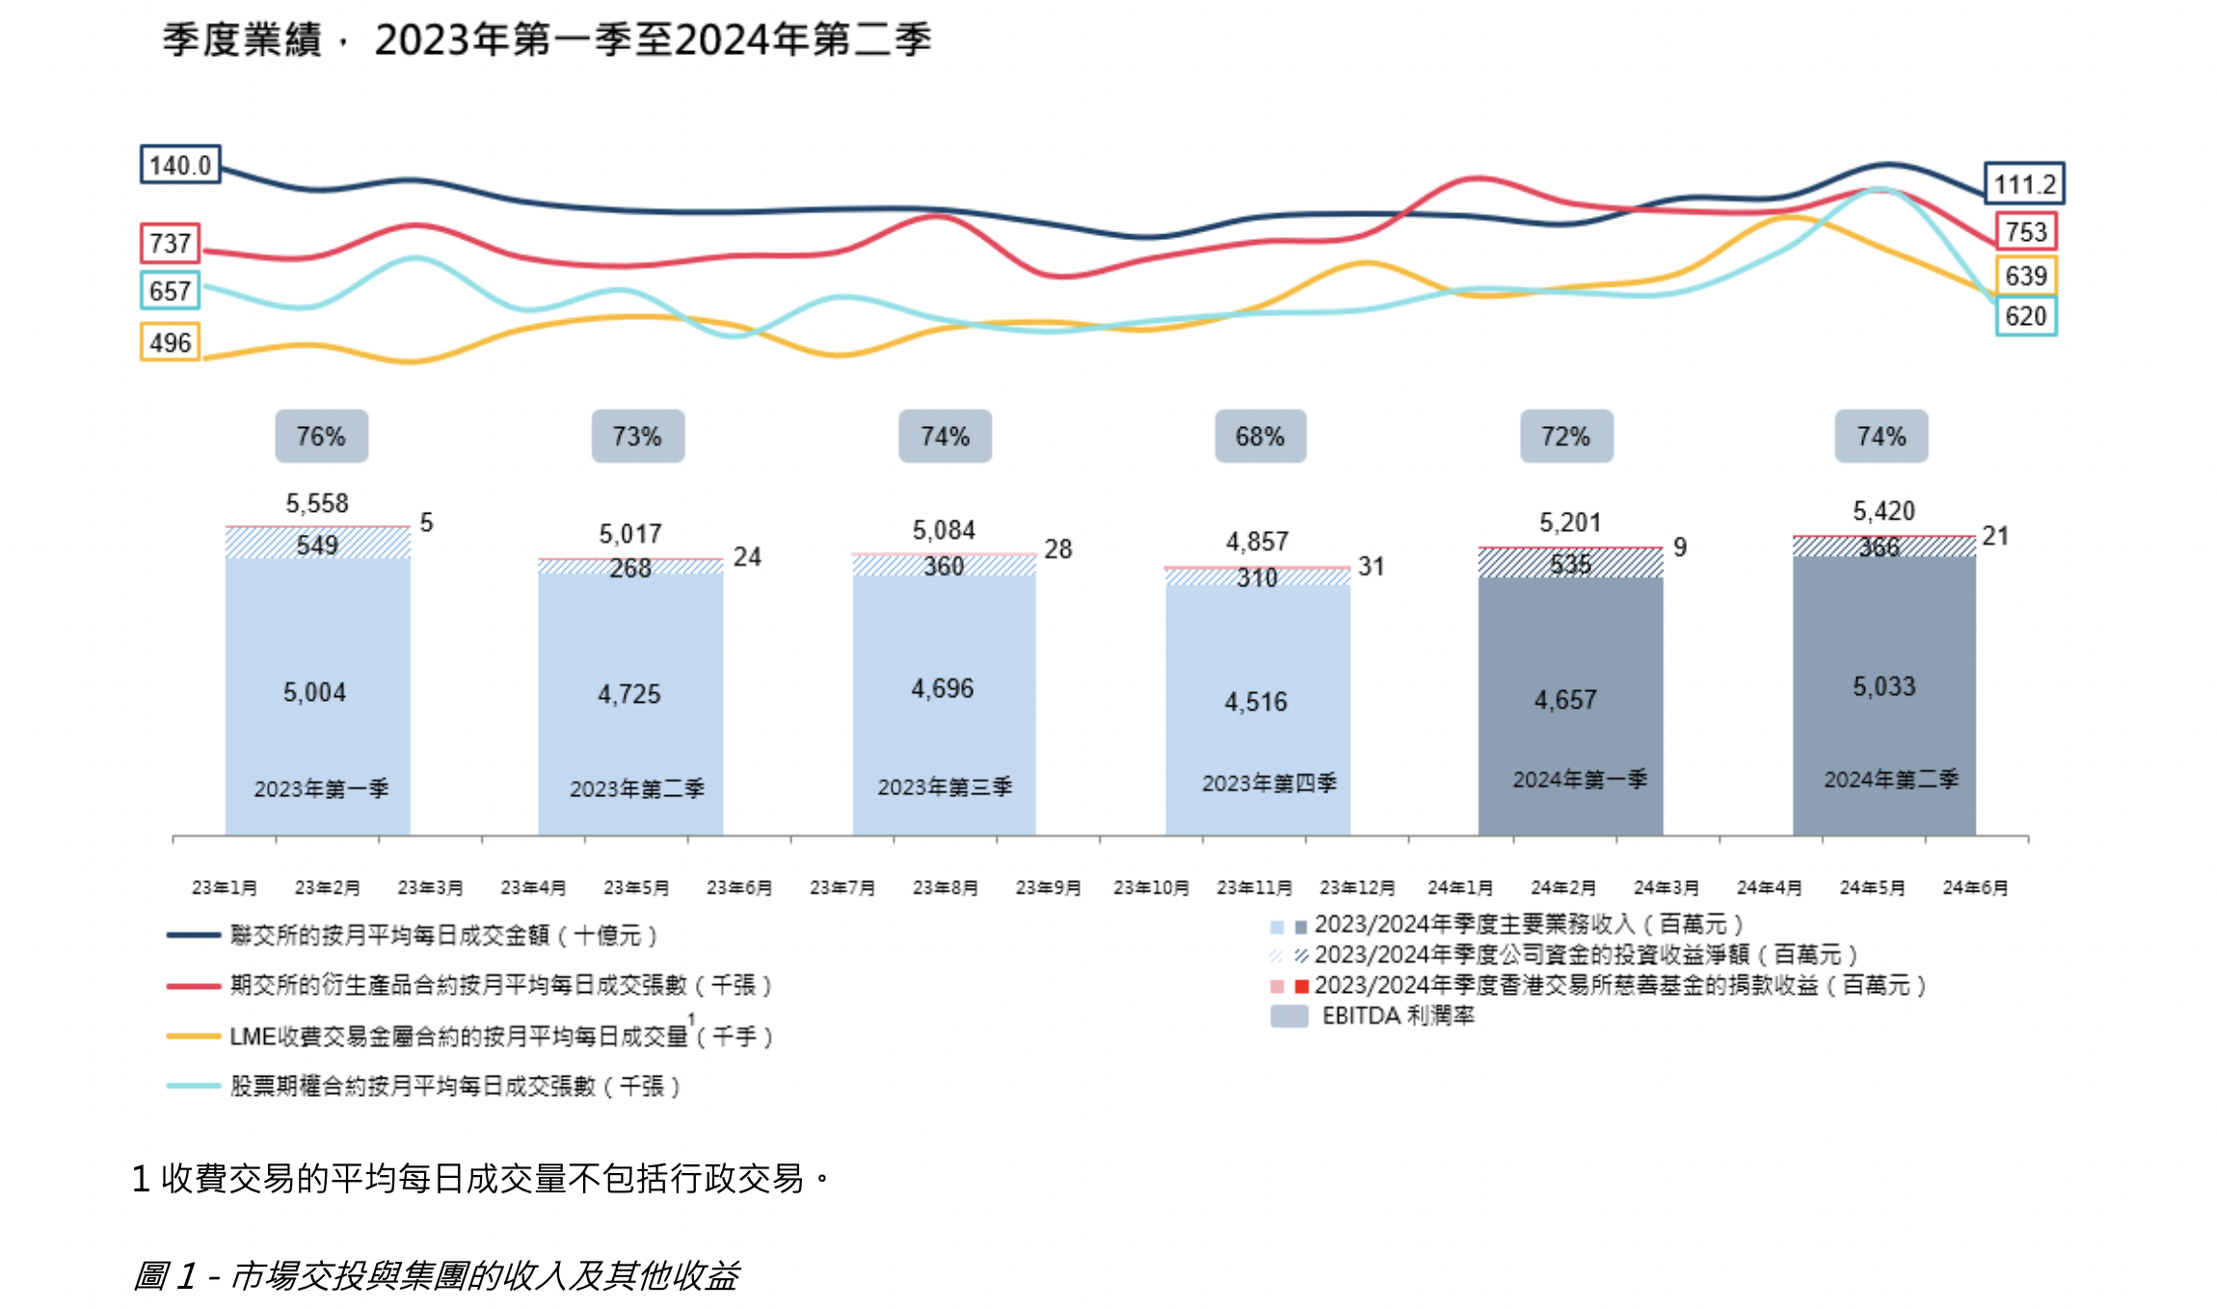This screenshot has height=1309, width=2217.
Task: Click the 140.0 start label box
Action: (x=180, y=165)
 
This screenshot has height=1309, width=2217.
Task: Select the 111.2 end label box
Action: (x=2024, y=183)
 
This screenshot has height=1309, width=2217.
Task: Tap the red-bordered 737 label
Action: (x=171, y=243)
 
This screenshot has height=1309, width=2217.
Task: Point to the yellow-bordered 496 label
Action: (x=171, y=342)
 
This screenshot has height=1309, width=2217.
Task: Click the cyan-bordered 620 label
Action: (x=2025, y=316)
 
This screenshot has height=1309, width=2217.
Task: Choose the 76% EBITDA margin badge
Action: (x=321, y=437)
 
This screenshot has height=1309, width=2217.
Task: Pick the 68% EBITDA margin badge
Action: (x=1260, y=437)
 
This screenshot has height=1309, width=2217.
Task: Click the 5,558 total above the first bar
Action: (x=317, y=503)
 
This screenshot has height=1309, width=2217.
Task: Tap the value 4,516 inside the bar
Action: (x=1256, y=702)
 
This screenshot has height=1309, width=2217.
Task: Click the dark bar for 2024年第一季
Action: (x=1570, y=704)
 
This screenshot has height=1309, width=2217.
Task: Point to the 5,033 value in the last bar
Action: (x=1883, y=686)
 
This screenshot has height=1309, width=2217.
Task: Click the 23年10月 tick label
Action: (x=1151, y=887)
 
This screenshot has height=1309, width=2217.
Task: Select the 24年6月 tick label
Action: (x=1975, y=887)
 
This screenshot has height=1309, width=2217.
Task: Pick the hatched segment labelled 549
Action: (x=317, y=545)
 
